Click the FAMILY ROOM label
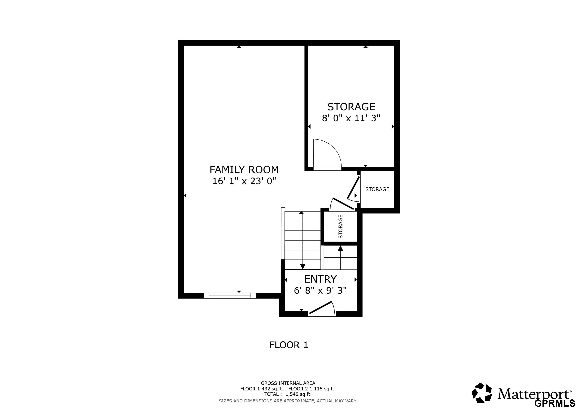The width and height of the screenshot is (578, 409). pyautogui.click(x=244, y=170)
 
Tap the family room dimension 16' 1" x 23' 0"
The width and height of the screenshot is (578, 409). pyautogui.click(x=244, y=181)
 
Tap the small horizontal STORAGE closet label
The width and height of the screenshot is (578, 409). pyautogui.click(x=377, y=189)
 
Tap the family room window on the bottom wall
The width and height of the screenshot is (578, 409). pyautogui.click(x=230, y=296)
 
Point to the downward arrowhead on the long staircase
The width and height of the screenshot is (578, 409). pyautogui.click(x=303, y=266)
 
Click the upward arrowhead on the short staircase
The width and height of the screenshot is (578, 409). pyautogui.click(x=340, y=248)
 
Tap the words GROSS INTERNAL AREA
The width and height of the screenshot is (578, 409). pyautogui.click(x=288, y=383)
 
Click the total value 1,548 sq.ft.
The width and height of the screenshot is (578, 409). pyautogui.click(x=299, y=394)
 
